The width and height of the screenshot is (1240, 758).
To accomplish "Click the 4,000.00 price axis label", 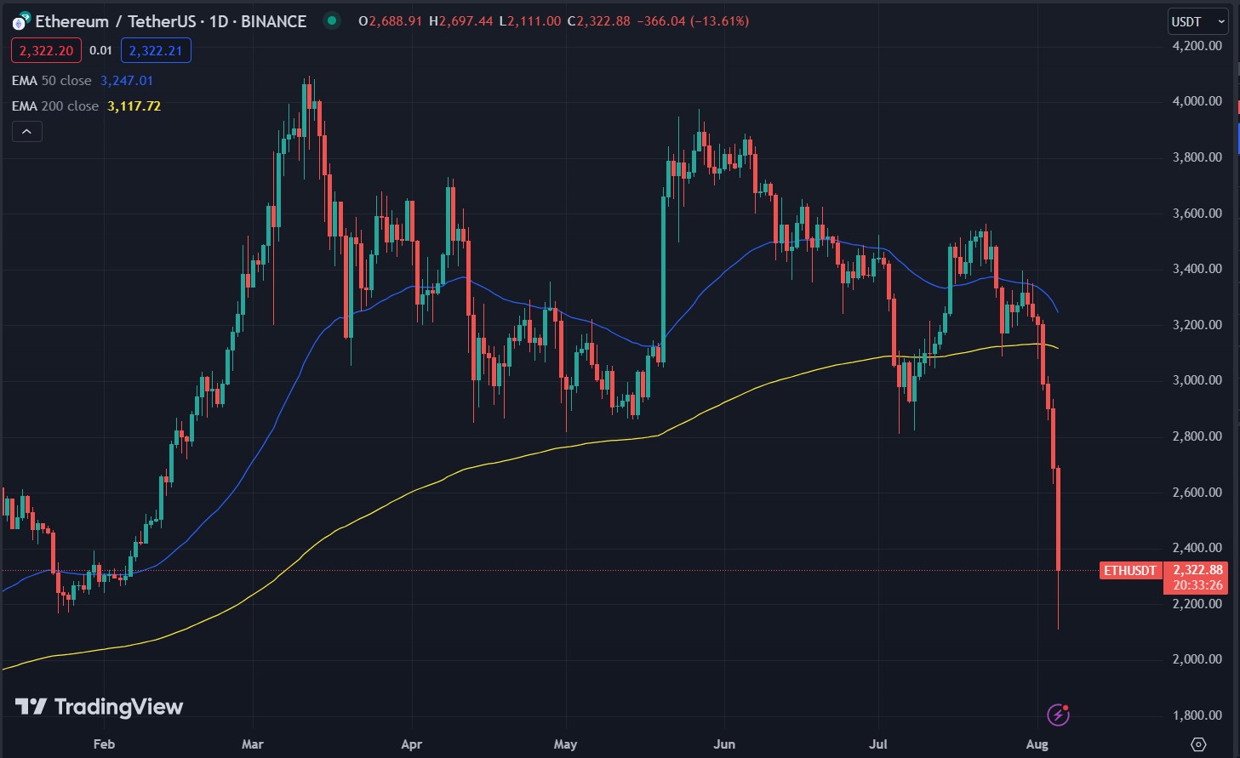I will [1197, 101].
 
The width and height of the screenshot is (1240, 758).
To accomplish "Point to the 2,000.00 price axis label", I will [1197, 659].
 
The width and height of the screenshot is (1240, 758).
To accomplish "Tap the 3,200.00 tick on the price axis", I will [1197, 325].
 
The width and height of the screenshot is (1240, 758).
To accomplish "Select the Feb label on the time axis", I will [104, 744].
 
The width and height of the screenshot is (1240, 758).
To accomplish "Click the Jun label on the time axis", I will [724, 744].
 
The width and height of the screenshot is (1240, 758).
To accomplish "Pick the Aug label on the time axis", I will [1037, 744].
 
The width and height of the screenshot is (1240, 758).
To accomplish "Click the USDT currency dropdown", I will [1197, 21].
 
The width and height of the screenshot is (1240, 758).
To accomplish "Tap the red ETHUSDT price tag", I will [1130, 571].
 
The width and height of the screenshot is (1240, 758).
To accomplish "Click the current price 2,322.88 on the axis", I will [1197, 570].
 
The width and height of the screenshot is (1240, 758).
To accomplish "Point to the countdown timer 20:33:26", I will [1197, 585].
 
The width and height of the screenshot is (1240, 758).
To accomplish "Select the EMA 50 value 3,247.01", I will [127, 81].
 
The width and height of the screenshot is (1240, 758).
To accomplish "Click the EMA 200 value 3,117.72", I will [134, 106].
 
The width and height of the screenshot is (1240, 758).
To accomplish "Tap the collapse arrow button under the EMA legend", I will [26, 132].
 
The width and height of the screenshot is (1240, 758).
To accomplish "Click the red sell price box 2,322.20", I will [46, 51].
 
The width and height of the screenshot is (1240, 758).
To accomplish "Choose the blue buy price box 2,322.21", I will [156, 51].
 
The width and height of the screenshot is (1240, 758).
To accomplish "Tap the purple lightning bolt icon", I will [1058, 715].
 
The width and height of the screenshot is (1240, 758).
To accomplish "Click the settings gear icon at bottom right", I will [1198, 744].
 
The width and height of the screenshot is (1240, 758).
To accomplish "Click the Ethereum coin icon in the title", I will [20, 22].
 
